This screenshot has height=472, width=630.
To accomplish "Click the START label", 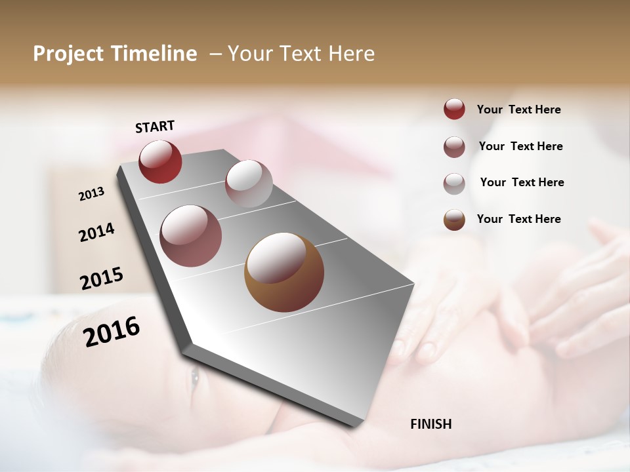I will pos(155,127).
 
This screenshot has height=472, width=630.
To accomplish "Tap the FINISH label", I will pos(431,424).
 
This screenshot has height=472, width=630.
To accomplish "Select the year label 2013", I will pos(91,194).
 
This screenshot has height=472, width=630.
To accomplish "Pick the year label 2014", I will pos(96,232).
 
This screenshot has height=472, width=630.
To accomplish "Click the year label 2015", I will pos(102,278).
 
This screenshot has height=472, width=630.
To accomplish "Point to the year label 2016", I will pos(112,331).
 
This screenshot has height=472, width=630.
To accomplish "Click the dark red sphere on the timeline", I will pos(160,161).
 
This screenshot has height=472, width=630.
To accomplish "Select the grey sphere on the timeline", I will pos(249,183).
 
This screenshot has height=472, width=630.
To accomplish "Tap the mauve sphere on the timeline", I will pos(191,236).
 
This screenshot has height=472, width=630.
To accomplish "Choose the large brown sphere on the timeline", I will pos(284,272).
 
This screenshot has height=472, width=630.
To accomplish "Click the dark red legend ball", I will pos(454,109).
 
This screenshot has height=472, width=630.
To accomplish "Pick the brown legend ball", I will pos(454,220).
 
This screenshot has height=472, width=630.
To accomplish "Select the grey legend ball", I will pos(454,184).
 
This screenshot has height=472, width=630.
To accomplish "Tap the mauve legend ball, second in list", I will pos(454,147).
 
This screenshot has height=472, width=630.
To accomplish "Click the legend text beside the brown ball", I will pos(518,219).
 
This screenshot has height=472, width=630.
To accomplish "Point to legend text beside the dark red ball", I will pos(518,109).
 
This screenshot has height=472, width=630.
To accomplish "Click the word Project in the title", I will pos(68,54).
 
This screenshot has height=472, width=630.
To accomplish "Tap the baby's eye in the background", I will pos(194,377).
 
